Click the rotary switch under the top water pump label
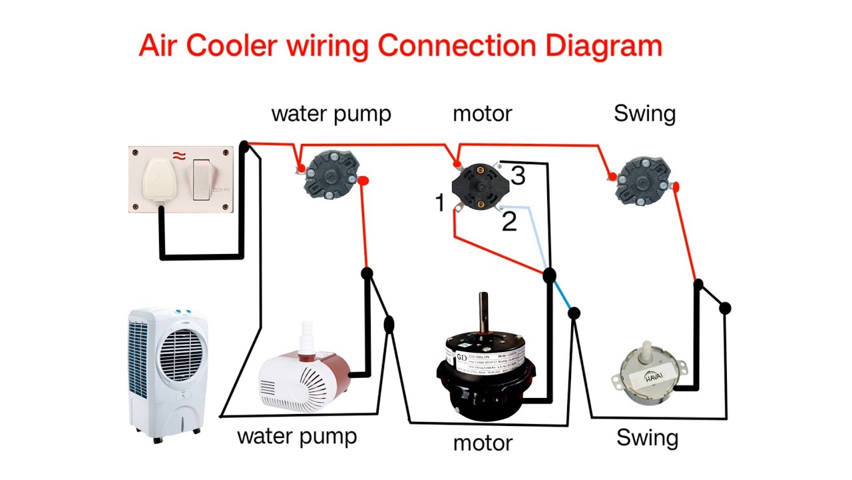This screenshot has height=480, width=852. (x=330, y=175)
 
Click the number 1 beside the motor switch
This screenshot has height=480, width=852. (x=439, y=203)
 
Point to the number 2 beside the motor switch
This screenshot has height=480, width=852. (x=509, y=222)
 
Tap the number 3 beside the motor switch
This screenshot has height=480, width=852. (x=518, y=176)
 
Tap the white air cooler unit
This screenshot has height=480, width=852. (x=168, y=373)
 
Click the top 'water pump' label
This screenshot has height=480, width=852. (x=331, y=113)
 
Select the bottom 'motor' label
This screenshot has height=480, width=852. (x=483, y=443)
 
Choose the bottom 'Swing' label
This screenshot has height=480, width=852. (x=647, y=438)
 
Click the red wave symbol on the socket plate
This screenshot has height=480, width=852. (x=178, y=155)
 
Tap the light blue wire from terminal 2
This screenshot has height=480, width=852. (x=536, y=233)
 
